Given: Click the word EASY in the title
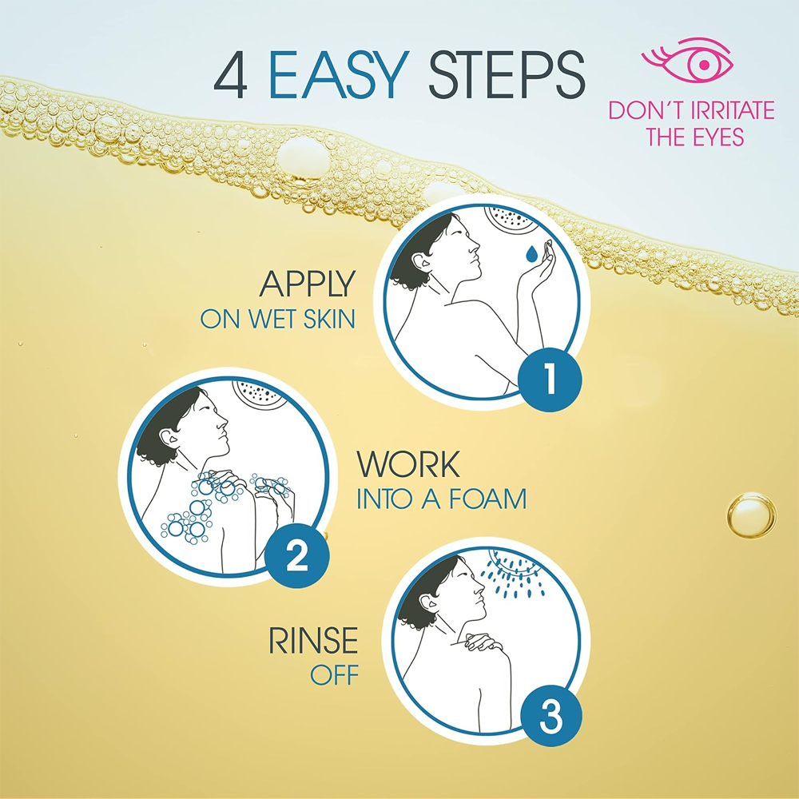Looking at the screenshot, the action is point(339,75).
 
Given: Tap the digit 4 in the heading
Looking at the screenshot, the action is point(231,75).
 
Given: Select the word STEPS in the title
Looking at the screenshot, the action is point(507,75).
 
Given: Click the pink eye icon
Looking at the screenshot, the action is point(687,60).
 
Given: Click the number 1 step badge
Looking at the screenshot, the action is point(550,380).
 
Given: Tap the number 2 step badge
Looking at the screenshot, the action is point(297,556).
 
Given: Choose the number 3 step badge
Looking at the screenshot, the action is point(551,717).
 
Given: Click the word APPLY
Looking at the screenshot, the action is point(308,284).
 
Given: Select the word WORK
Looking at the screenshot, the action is point(408,464).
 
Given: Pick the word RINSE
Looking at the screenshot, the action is point(313,641).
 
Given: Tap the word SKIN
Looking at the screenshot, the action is point(329,319).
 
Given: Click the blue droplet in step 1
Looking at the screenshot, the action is point(532,253).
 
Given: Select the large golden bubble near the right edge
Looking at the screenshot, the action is point(751,515).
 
